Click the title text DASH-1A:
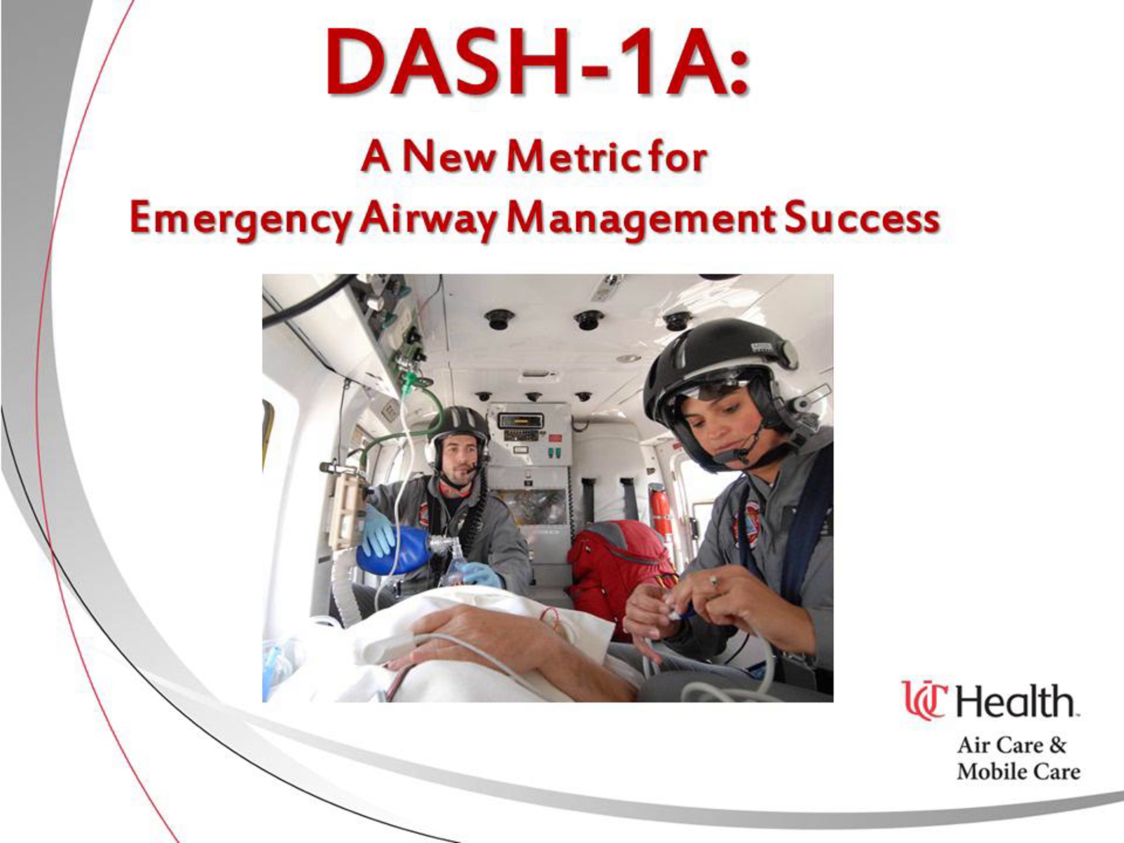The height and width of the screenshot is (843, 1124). (x=537, y=62)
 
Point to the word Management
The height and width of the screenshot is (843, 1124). (x=640, y=220)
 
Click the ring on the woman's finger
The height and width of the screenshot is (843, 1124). (x=714, y=580)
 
